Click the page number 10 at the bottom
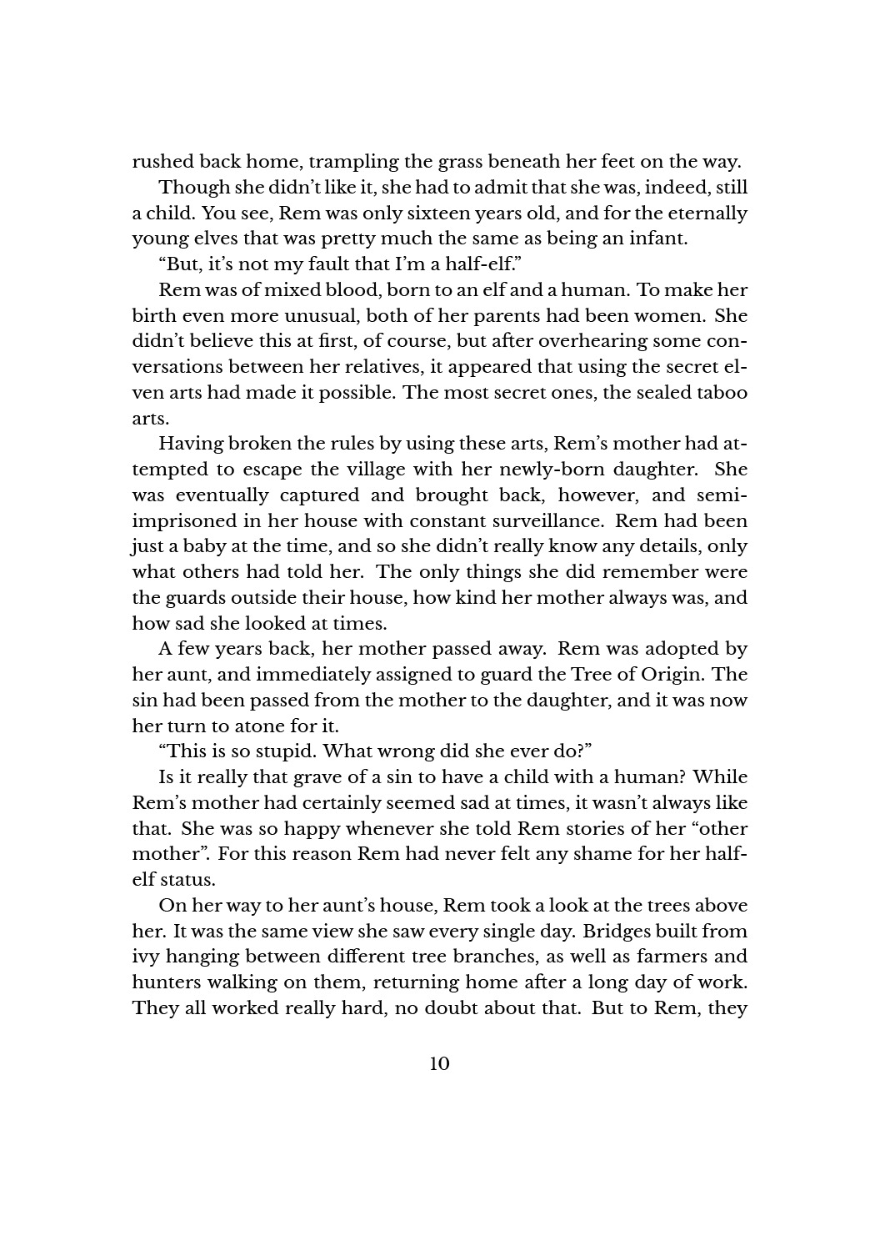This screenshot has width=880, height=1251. [439, 1064]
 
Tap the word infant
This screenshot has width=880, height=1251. [658, 239]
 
